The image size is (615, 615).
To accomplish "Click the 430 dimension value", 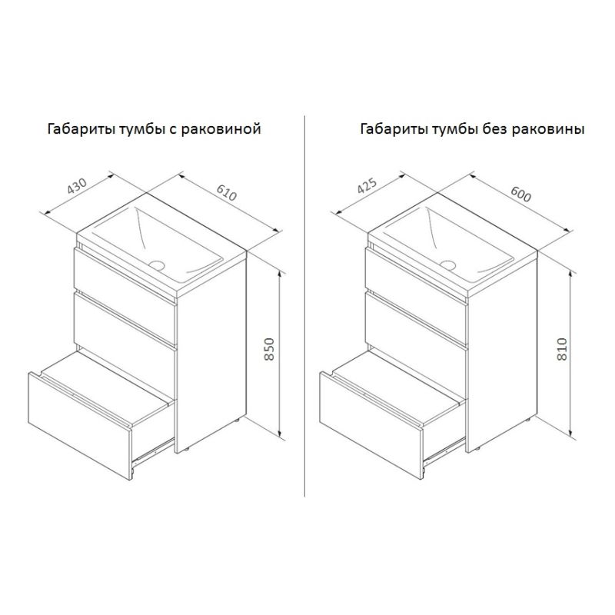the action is click(76, 186).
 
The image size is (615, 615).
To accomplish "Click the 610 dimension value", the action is click(227, 192).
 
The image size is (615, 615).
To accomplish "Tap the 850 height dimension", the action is click(269, 349).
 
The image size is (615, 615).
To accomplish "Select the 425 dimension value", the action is click(367, 186).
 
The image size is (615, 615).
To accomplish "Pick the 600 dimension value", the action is click(521, 193).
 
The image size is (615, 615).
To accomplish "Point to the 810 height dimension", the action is click(562, 349).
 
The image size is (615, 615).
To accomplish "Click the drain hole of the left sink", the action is click(158, 264).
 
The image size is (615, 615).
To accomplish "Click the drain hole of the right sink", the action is click(448, 264).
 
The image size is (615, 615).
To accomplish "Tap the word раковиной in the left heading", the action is click(221, 129).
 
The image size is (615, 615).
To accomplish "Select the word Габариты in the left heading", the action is click(81, 128).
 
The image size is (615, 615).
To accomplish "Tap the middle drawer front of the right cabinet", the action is click(417, 321).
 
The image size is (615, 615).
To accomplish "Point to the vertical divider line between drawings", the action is click(304, 306).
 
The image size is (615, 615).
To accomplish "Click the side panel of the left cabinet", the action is click(211, 351).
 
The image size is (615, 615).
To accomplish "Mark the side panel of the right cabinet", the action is click(502, 351).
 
